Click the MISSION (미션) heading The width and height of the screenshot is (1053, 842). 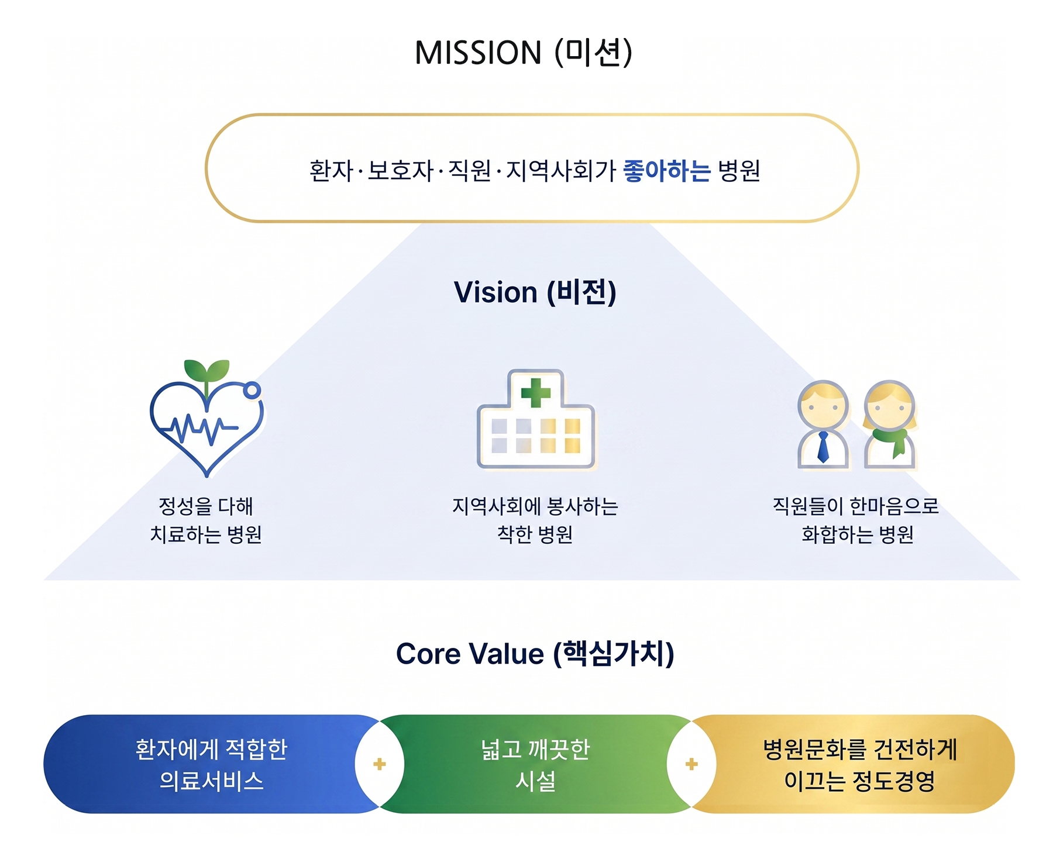(x=524, y=53)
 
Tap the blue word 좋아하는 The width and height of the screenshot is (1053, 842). (x=666, y=171)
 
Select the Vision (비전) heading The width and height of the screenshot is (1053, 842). (x=535, y=292)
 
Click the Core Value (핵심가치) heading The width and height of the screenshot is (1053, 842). (x=535, y=653)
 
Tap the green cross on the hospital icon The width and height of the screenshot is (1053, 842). (x=535, y=392)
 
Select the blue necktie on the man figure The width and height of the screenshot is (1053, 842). (x=823, y=447)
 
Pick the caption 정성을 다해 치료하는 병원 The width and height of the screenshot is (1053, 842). (x=206, y=520)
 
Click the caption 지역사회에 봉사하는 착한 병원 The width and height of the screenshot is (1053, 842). (x=535, y=520)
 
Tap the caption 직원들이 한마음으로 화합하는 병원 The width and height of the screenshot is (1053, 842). (x=856, y=520)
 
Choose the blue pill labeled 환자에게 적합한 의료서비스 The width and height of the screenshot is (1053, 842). (x=211, y=764)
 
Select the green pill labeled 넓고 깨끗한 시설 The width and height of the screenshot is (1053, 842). (x=535, y=764)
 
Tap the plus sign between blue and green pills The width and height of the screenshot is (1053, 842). (x=380, y=764)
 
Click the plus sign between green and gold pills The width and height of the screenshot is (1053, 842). (x=691, y=764)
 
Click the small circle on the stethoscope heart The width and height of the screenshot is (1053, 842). (x=252, y=390)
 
